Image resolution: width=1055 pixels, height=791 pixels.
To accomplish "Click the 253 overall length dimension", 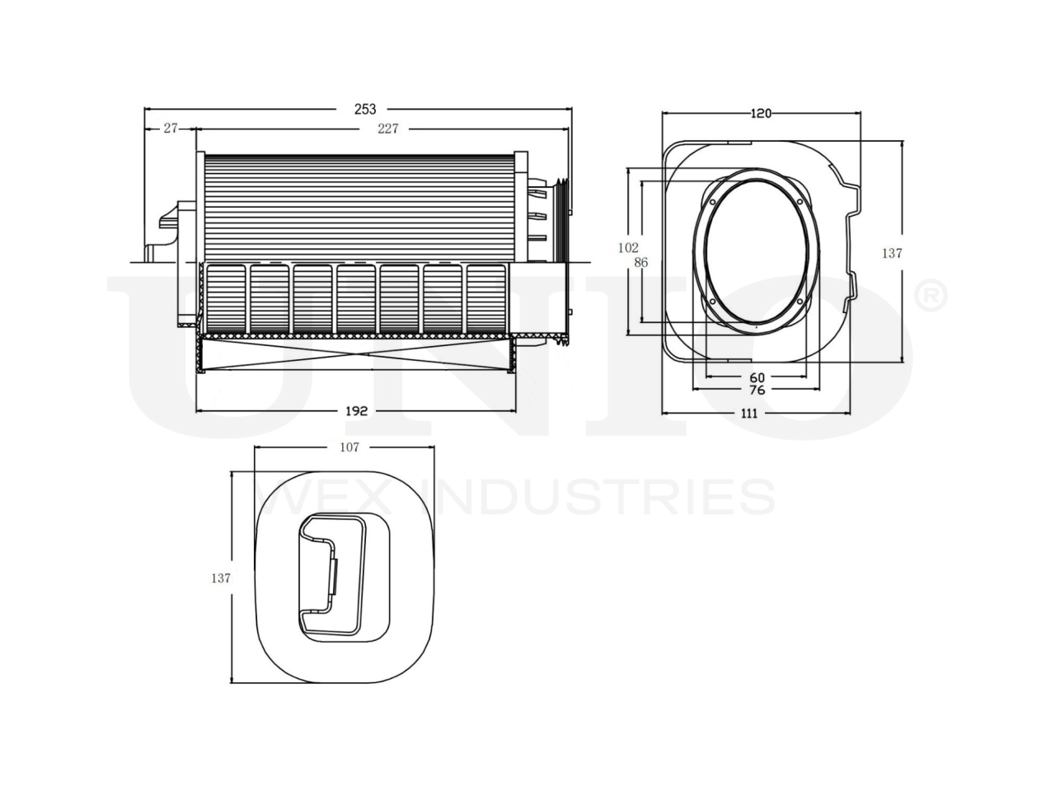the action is point(365,109).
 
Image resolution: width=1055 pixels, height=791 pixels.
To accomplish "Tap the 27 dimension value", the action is point(170,129).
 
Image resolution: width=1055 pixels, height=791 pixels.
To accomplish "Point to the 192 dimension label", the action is point(355,410).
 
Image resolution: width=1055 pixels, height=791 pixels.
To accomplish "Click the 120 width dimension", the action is point(761,113).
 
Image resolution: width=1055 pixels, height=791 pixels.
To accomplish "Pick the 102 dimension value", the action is point(629,247).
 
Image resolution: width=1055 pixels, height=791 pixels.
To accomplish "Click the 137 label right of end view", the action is point(893,254).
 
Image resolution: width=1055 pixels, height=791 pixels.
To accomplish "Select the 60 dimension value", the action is point(757,377).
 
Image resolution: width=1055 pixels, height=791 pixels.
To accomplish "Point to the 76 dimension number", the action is point(757,390).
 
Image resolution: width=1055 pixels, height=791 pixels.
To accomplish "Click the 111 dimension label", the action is point(748,414).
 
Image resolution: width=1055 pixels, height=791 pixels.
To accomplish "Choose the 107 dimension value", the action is point(349,447).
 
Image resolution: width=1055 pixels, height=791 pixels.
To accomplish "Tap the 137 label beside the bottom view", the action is point(220,578).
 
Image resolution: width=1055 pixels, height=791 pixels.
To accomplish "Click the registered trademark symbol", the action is point(931,297).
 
